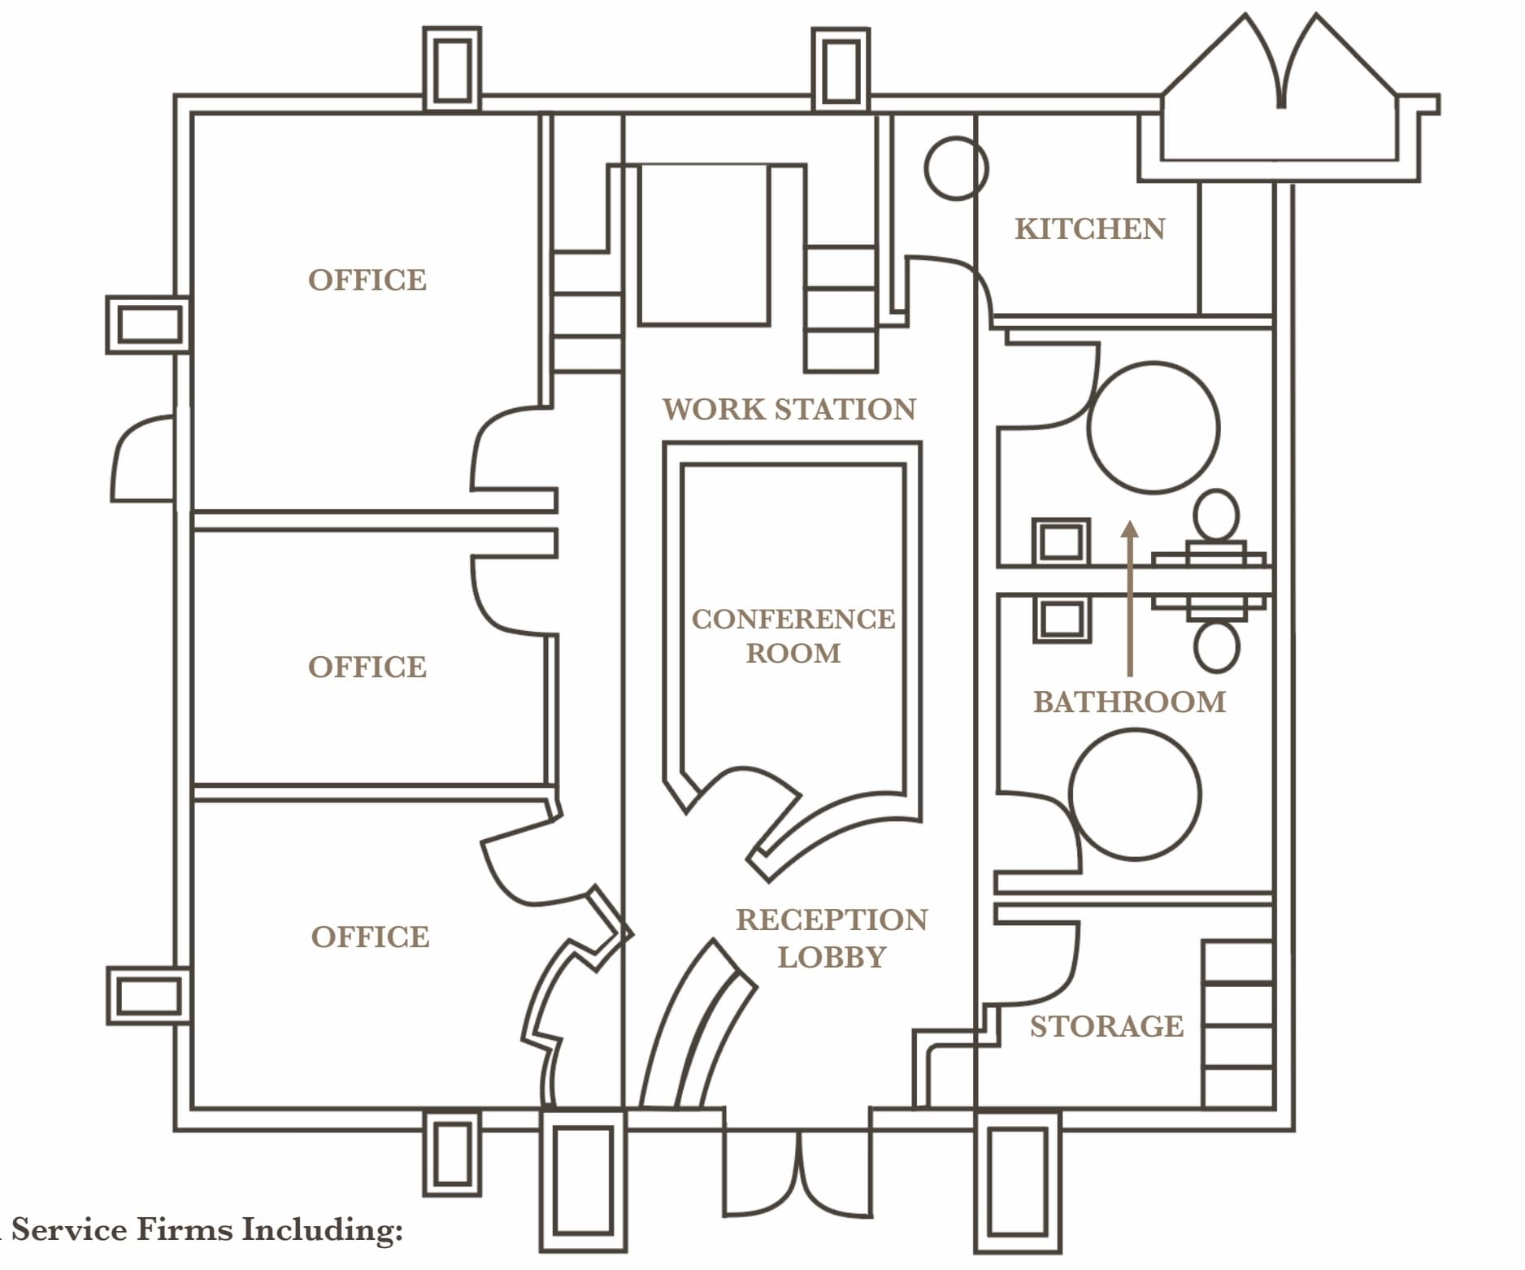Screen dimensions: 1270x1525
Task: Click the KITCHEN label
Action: click(x=1089, y=229)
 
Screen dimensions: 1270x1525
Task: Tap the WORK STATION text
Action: click(x=789, y=409)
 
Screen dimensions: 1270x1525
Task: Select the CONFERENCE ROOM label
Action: click(x=793, y=636)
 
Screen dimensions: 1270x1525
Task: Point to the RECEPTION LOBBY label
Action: click(x=831, y=938)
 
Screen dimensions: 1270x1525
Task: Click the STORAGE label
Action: click(x=1106, y=1027)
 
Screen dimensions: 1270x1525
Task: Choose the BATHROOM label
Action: click(x=1129, y=702)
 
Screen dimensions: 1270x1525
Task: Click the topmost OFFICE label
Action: click(x=367, y=281)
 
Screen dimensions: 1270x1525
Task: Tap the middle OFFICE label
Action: click(x=367, y=668)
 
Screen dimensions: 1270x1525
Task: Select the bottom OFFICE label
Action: click(x=370, y=937)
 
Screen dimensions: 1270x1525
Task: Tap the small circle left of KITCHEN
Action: click(x=956, y=168)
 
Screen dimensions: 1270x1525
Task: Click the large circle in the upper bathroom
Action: click(x=1154, y=428)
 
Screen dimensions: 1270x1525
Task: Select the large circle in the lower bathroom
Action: click(x=1134, y=794)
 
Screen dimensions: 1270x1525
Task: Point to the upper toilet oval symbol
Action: click(x=1216, y=515)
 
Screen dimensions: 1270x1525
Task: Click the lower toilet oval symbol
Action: click(x=1216, y=646)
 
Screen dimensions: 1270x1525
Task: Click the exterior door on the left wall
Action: click(x=145, y=459)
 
